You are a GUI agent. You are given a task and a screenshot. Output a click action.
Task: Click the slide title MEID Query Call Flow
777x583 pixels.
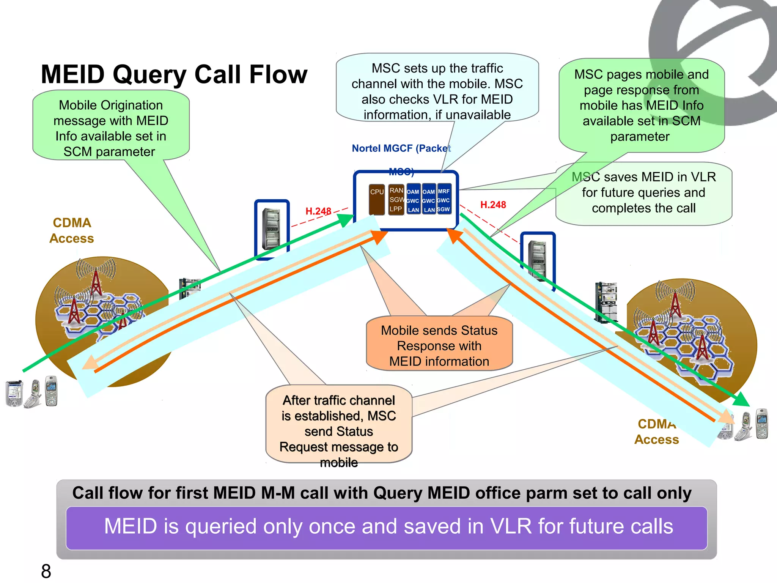click(x=174, y=74)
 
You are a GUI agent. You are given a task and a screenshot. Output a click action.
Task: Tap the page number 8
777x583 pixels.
click(x=46, y=571)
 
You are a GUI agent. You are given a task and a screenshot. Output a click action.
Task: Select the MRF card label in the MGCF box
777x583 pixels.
click(x=444, y=191)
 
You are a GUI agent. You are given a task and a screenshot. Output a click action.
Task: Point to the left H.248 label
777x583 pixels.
click(x=318, y=211)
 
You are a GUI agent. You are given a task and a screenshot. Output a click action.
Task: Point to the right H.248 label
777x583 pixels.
click(x=493, y=205)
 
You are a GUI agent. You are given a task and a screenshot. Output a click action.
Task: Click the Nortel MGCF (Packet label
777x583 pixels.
click(x=401, y=148)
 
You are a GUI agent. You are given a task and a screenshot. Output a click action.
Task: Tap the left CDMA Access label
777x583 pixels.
click(x=72, y=230)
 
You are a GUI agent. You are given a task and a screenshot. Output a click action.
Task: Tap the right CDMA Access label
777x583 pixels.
click(x=656, y=432)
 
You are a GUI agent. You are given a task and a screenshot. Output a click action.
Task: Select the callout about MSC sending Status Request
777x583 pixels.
click(x=338, y=425)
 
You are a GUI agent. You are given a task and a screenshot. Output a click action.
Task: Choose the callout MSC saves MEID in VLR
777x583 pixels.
click(x=643, y=193)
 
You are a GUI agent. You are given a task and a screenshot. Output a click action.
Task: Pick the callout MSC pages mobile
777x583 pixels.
click(x=641, y=105)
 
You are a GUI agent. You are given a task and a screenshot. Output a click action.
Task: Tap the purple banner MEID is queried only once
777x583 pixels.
click(x=387, y=527)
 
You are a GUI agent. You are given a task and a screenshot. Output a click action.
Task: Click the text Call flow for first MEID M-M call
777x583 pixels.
click(x=381, y=493)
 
